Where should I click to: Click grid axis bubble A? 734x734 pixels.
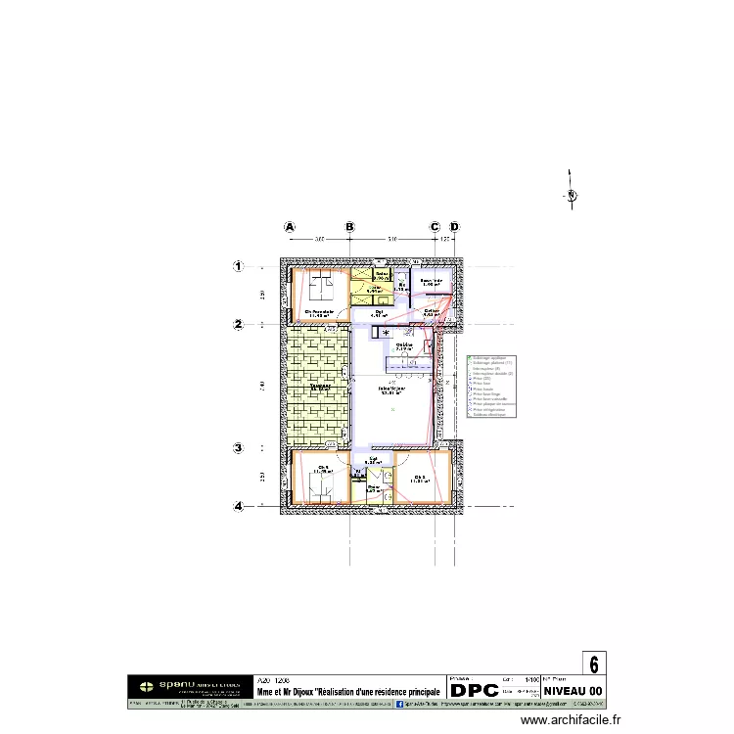click(290, 226)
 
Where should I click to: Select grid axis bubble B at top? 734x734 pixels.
click(350, 226)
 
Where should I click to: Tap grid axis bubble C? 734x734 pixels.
click(435, 226)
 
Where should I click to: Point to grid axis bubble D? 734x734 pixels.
click(453, 226)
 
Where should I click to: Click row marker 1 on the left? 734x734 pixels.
click(238, 265)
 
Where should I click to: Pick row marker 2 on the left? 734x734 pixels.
click(238, 324)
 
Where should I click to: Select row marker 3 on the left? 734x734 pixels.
click(238, 449)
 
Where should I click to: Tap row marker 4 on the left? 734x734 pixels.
click(238, 507)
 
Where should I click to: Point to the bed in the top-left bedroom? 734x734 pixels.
click(320, 290)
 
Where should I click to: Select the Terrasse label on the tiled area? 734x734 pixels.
click(319, 388)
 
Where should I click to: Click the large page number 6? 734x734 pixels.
click(594, 664)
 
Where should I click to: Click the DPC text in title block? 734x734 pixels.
click(474, 690)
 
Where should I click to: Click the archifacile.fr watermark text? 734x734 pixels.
click(571, 720)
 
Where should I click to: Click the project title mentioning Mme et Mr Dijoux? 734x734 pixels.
click(348, 692)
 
